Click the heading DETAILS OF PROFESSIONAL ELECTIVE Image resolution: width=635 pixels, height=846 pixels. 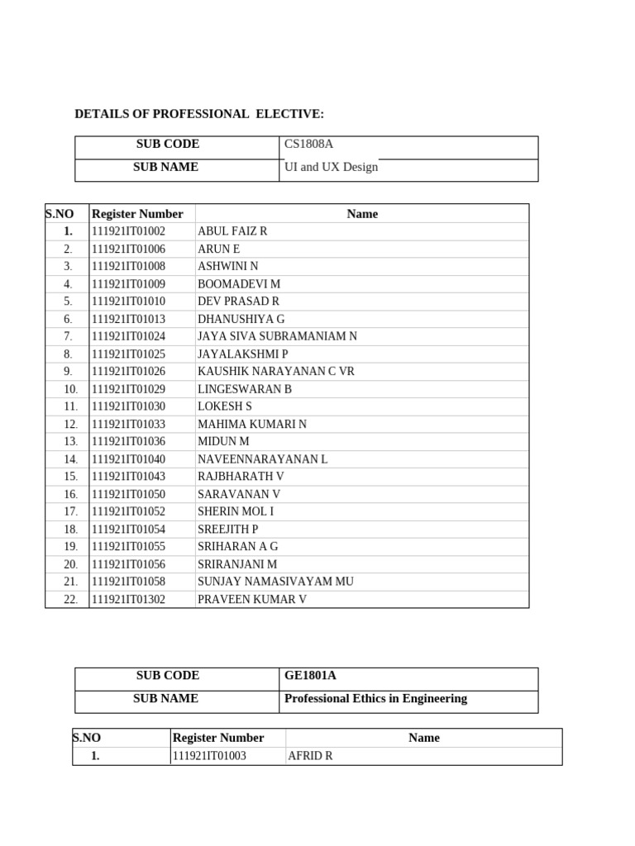[x=199, y=114]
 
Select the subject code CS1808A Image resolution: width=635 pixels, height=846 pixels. [x=308, y=144]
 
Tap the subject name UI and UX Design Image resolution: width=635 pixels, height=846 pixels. [x=331, y=167]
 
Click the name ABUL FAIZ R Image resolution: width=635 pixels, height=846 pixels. [x=232, y=231]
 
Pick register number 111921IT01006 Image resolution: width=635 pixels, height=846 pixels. [x=128, y=249]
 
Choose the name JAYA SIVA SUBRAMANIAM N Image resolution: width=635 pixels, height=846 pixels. [x=277, y=336]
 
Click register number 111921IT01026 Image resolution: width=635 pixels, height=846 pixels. [x=128, y=372]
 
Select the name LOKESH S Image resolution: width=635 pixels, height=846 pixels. [x=224, y=406]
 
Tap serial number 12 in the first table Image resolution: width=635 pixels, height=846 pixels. [x=70, y=424]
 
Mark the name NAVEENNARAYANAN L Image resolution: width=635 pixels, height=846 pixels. [x=262, y=459]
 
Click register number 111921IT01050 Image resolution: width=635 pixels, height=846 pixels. [x=128, y=494]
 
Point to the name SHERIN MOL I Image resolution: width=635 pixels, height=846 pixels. [x=236, y=511]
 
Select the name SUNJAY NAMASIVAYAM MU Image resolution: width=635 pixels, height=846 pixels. [x=275, y=582]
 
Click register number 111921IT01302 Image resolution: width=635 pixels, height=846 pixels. [x=128, y=600]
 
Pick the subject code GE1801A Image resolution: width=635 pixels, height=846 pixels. [x=310, y=676]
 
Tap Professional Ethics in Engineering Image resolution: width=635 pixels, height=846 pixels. [x=375, y=699]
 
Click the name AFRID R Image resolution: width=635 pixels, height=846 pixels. [x=310, y=756]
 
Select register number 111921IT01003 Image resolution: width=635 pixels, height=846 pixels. [x=209, y=756]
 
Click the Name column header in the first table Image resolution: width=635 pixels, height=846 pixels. [x=362, y=214]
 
